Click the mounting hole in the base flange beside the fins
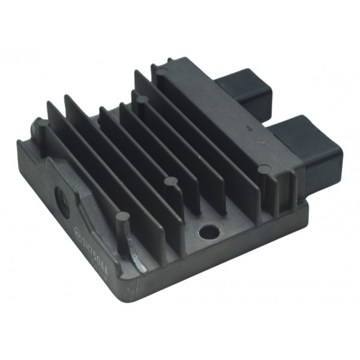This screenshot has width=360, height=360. click(209, 231)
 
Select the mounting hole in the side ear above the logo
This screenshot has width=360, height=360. click(62, 198)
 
